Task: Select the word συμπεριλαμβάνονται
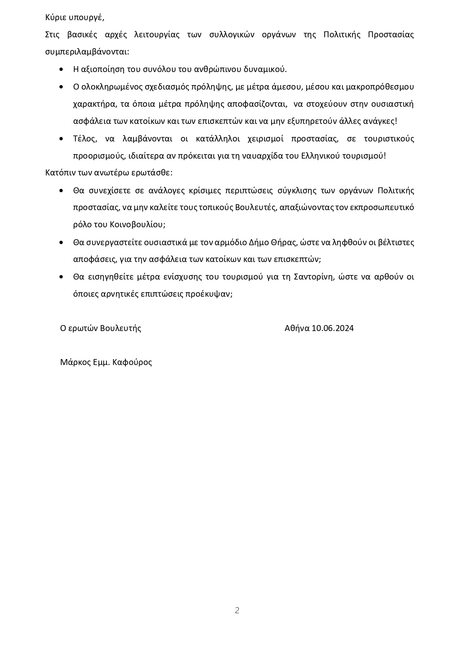[x=87, y=52]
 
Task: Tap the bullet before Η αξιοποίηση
[x=62, y=69]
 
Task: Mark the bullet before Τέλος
[x=62, y=138]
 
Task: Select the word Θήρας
[x=285, y=242]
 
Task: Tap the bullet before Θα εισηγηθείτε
[x=62, y=277]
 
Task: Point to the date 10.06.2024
[x=333, y=328]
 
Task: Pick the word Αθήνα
[x=297, y=328]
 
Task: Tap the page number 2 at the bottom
[x=237, y=611]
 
